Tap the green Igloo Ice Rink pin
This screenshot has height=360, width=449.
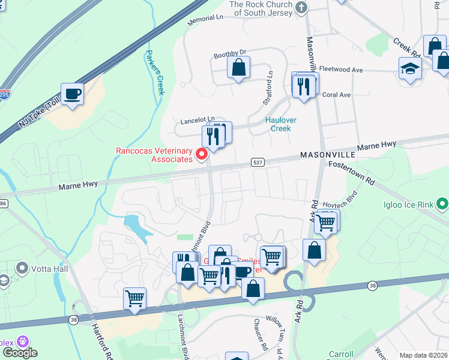[443, 205]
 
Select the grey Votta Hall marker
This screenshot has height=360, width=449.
[23, 267]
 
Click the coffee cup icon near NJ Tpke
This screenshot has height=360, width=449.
[72, 95]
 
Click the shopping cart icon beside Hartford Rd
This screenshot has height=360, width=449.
[134, 298]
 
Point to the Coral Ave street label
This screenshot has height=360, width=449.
[336, 95]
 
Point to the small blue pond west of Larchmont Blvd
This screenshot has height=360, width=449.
[135, 227]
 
